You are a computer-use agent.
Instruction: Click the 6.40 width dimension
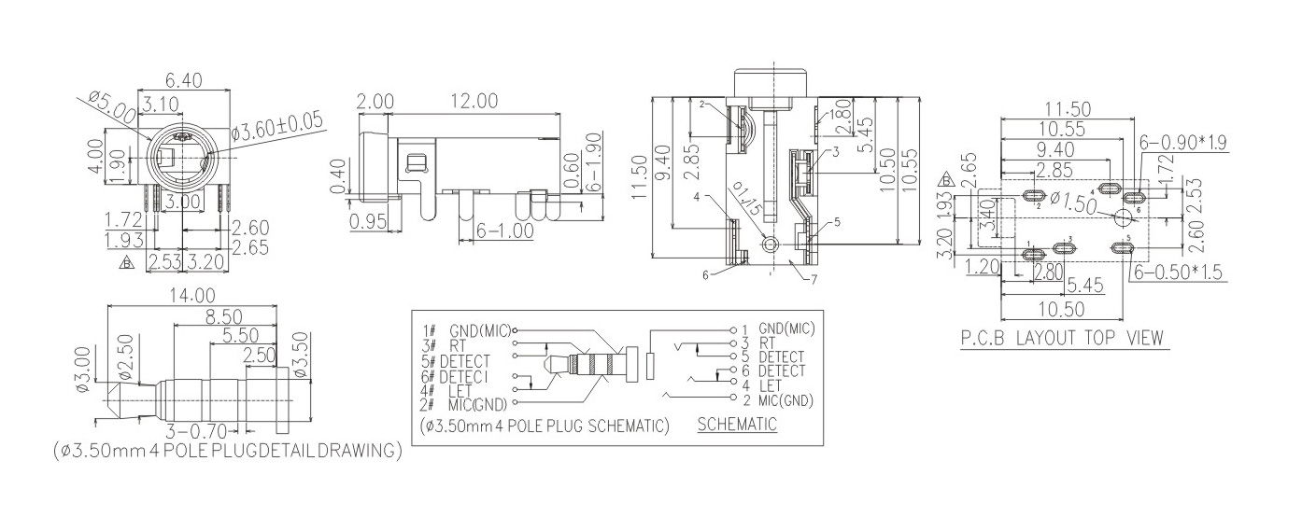[x=184, y=80]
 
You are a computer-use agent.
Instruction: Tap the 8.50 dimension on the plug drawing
[x=224, y=316]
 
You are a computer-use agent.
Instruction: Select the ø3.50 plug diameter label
[x=301, y=351]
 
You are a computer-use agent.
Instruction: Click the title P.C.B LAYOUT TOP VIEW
[x=1063, y=338]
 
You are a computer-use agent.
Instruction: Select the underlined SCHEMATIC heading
[x=737, y=425]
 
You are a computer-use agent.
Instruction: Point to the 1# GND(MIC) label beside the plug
[x=467, y=329]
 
